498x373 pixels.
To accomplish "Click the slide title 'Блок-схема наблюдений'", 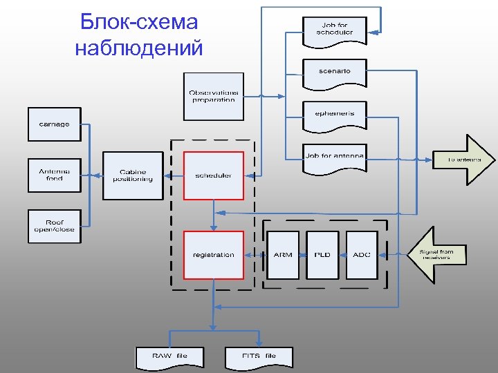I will coord(138,35).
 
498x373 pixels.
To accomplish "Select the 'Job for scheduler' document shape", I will coord(335,30).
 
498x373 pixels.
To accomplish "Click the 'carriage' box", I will coord(54,124).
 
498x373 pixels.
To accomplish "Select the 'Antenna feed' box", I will coord(54,175).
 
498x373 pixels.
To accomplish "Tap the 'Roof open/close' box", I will coord(54,227).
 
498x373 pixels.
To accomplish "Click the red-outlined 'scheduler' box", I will coord(213,175).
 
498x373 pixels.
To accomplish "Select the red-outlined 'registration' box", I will coord(213,255).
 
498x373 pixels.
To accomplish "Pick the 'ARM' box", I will coord(283,255).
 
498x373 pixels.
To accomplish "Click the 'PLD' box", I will coord(322,255).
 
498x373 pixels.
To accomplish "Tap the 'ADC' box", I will coord(362,255).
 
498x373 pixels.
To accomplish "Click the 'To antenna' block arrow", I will coord(464,160).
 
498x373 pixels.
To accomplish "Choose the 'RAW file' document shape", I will coord(169,356).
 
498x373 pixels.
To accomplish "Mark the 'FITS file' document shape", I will coord(259,356).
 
